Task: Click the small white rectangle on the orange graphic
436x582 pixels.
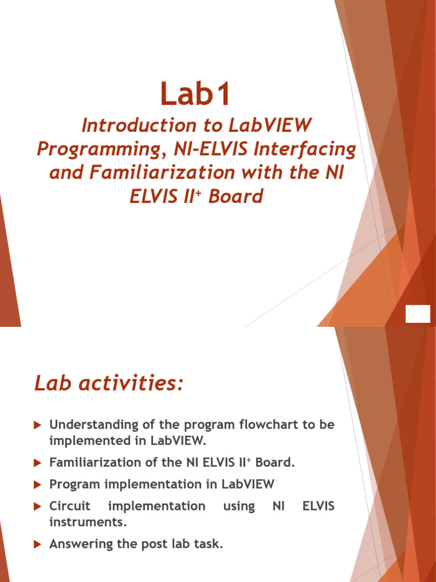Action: (418, 314)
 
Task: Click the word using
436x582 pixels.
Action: (239, 506)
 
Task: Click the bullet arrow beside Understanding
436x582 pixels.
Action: (38, 425)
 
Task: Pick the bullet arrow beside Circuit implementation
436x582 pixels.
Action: (38, 506)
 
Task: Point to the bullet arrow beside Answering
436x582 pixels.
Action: (38, 544)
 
